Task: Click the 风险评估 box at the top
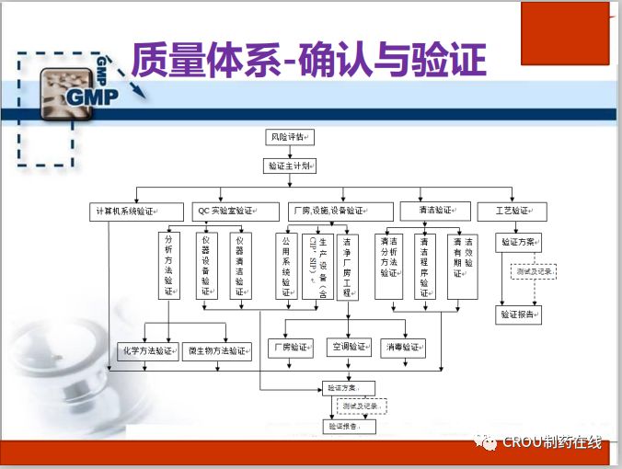coord(289,137)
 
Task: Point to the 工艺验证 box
coord(513,212)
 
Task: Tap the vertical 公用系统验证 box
coord(286,266)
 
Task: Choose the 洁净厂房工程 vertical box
coord(347,266)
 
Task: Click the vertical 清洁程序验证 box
coord(425,267)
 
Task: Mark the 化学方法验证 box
coord(147,350)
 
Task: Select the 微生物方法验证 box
coord(218,350)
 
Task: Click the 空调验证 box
coord(350,348)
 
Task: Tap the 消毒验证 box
coord(405,348)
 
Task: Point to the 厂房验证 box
coord(290,348)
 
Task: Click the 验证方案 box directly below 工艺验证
coord(518,243)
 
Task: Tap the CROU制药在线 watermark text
coord(552,443)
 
